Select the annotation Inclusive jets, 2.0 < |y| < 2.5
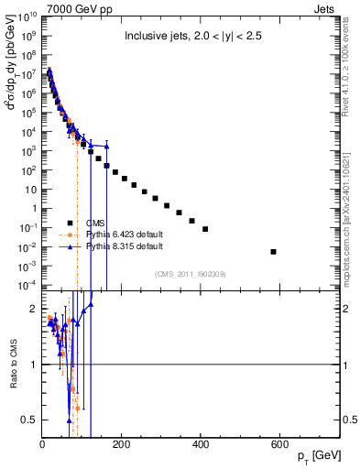[x=190, y=38]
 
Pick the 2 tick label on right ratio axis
[x=344, y=310]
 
